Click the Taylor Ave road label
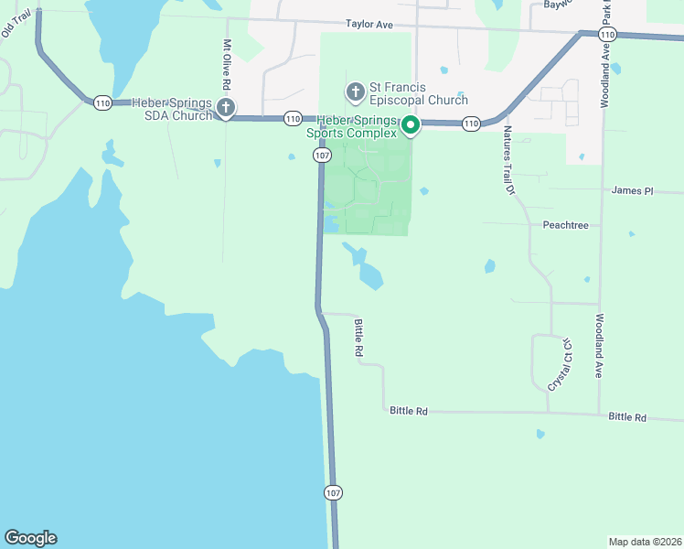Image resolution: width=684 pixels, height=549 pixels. click(x=369, y=25)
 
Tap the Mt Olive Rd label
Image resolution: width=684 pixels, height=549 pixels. click(x=227, y=64)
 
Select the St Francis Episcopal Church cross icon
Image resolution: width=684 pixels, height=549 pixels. click(x=355, y=92)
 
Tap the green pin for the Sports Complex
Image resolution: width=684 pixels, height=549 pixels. click(x=411, y=125)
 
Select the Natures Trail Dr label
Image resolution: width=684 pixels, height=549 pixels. click(x=508, y=161)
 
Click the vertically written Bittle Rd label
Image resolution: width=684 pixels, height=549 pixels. click(x=359, y=338)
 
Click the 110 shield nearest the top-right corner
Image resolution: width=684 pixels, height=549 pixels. click(x=607, y=35)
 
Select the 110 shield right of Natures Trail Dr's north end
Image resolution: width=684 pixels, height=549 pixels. click(x=470, y=124)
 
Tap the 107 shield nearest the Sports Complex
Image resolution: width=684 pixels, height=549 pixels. click(x=322, y=156)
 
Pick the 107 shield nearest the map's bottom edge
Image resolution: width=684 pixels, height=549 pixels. click(x=333, y=492)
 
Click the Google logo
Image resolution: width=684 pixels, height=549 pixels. click(x=30, y=538)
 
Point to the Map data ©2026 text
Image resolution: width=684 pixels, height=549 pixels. click(x=644, y=541)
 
